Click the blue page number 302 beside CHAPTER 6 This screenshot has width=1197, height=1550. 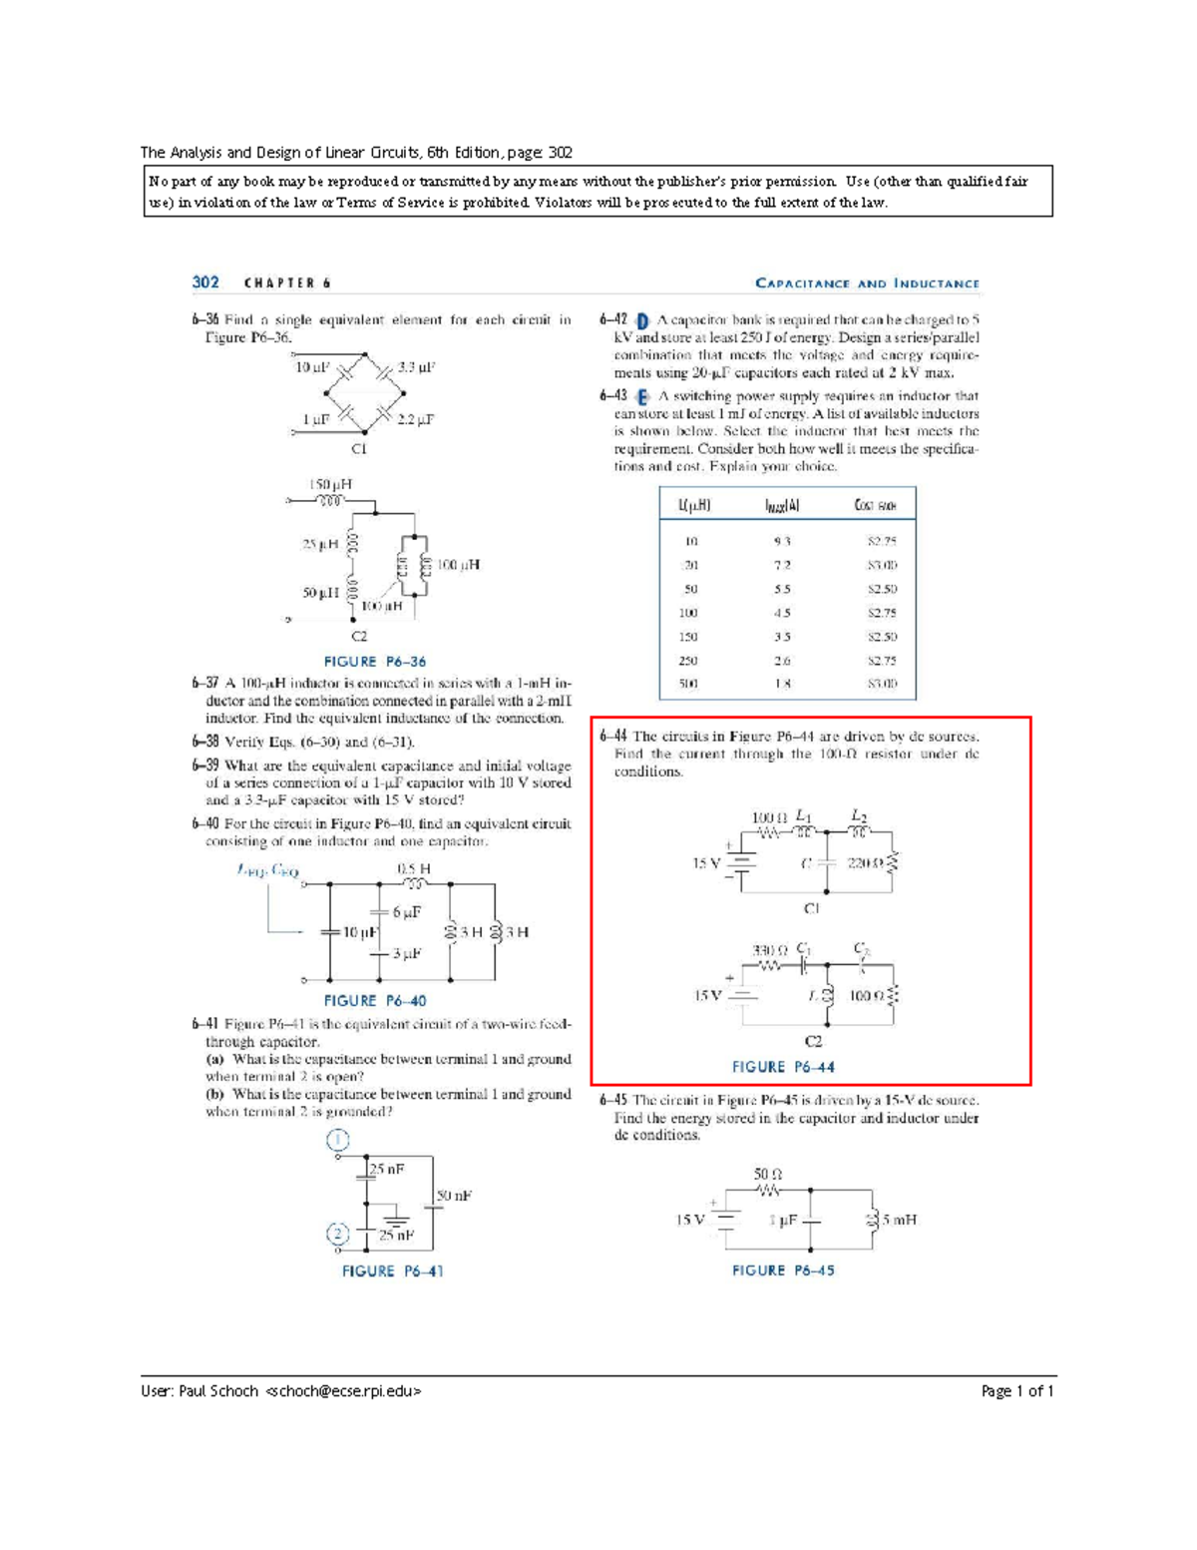pos(205,282)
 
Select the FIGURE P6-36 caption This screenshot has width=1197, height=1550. pos(375,662)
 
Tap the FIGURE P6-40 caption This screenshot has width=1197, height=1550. pos(375,1001)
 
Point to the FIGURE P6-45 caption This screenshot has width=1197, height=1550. pos(783,1271)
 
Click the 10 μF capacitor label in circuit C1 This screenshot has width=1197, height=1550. pos(312,367)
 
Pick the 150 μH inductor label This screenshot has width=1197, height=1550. pos(329,484)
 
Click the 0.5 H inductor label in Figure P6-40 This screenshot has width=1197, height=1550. pos(414,869)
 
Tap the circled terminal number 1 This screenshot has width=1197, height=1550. pos(338,1140)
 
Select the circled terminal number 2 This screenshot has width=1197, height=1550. pos(338,1235)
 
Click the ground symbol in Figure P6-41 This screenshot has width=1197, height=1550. pos(396,1220)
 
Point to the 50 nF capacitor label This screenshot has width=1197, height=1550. pos(454,1196)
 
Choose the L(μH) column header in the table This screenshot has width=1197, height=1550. pos(693,506)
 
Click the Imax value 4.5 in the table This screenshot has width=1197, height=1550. pos(782,613)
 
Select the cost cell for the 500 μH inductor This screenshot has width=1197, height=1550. pos(882,685)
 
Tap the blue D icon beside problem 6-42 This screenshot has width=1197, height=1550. pos(642,321)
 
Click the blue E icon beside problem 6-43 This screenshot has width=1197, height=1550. pos(642,397)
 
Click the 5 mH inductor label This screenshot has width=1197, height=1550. pos(899,1220)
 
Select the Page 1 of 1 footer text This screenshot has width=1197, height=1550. pos(1017,1391)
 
